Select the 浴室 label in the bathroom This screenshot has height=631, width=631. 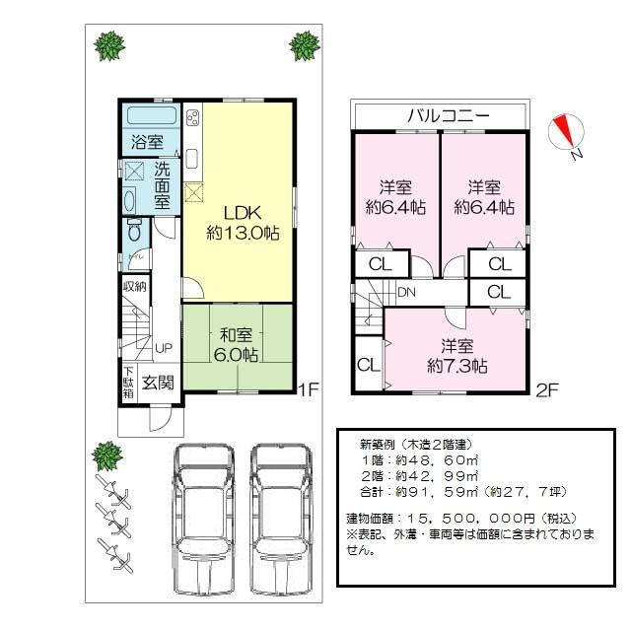pos(148,142)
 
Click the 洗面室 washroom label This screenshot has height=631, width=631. pos(160,185)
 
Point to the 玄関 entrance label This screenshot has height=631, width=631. pos(158,383)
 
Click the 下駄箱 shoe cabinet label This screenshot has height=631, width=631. pos(128,383)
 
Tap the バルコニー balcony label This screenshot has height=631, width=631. pos(449,115)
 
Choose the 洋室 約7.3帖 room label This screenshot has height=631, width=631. pos(456,356)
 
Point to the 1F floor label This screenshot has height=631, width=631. pos(309,389)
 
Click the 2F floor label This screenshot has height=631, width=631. pos(547,389)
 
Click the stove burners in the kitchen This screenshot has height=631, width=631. pos(191,120)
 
